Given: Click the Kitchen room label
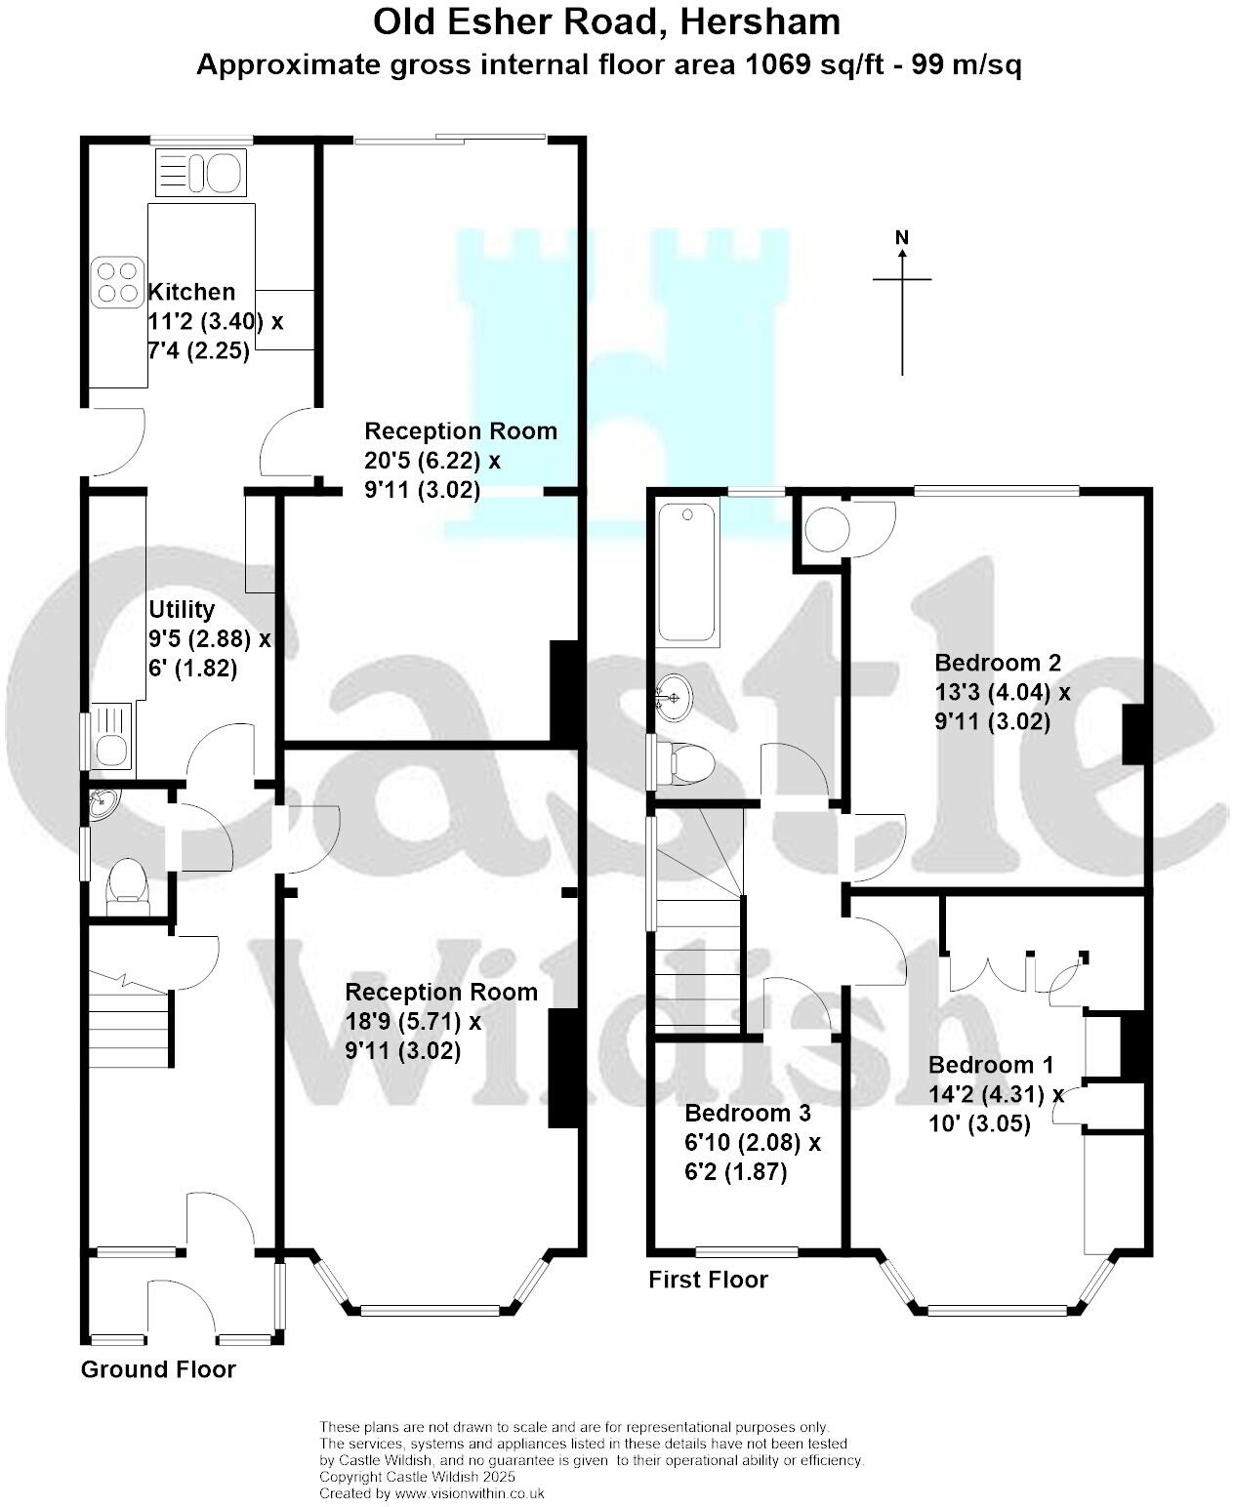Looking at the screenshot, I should (191, 292).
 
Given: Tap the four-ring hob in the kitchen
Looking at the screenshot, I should (114, 280).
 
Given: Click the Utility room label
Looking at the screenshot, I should (182, 610).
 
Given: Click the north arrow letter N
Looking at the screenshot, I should (902, 237).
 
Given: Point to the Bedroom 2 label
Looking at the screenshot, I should (998, 663).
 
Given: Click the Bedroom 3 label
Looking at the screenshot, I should (748, 1113).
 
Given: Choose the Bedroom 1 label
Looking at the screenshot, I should (991, 1064).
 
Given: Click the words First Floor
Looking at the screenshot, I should (708, 1280).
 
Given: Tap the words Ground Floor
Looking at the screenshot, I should (158, 1369).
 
